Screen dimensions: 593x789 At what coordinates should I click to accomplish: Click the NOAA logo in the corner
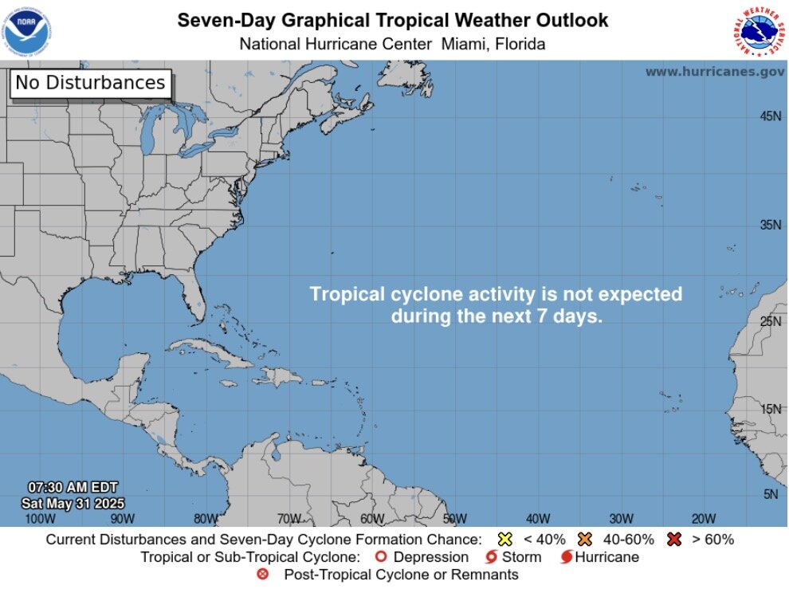click(x=26, y=29)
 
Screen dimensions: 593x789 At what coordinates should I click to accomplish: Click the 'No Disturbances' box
click(x=90, y=83)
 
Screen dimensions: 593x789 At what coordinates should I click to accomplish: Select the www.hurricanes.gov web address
click(x=714, y=72)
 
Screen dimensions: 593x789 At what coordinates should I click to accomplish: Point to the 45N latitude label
click(x=771, y=116)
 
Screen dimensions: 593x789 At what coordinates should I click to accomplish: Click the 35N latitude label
click(x=771, y=225)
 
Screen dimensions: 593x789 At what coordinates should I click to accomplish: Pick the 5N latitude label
click(x=771, y=494)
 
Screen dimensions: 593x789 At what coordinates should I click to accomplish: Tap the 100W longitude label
click(x=40, y=519)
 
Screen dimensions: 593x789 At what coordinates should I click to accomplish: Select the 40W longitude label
click(x=538, y=519)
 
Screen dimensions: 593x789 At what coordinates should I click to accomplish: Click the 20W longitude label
click(x=704, y=519)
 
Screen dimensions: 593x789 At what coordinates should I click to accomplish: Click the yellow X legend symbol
click(x=504, y=540)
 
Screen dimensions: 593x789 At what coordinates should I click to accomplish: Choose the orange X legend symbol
click(x=586, y=540)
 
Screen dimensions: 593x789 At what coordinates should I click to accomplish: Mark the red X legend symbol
click(x=674, y=540)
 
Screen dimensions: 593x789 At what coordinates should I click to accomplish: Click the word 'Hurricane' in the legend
click(x=606, y=557)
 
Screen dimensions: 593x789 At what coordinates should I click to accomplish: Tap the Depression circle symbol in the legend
click(x=380, y=557)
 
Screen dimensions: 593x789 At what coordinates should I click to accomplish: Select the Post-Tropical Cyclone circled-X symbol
click(x=263, y=575)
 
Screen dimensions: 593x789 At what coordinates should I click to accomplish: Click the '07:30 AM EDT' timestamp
click(x=73, y=487)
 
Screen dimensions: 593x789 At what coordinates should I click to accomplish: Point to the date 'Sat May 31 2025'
click(x=73, y=504)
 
